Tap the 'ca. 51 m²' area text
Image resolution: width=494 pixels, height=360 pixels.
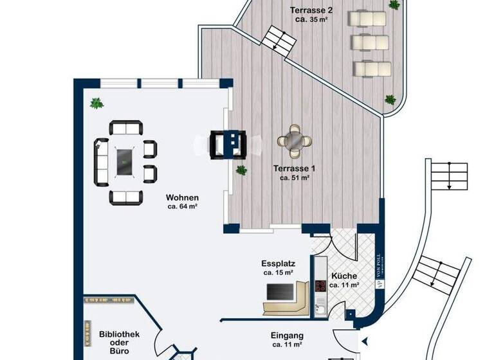pyautogui.click(x=295, y=178)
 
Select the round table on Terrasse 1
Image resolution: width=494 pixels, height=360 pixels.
pyautogui.click(x=295, y=140)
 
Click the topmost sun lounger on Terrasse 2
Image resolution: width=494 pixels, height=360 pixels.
pyautogui.click(x=367, y=19)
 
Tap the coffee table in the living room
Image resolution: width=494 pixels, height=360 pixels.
pyautogui.click(x=125, y=157)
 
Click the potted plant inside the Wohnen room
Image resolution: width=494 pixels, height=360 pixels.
pyautogui.click(x=96, y=103)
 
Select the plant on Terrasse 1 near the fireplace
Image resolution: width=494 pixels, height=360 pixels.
pyautogui.click(x=241, y=170)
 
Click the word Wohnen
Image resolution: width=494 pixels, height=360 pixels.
pyautogui.click(x=182, y=197)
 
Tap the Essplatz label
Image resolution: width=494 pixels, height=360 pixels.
pyautogui.click(x=278, y=263)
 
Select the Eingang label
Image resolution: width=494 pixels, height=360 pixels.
pyautogui.click(x=287, y=336)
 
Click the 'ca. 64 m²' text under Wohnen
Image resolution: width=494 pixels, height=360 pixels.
pyautogui.click(x=182, y=207)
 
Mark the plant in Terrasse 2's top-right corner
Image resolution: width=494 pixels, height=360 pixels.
pyautogui.click(x=394, y=4)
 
